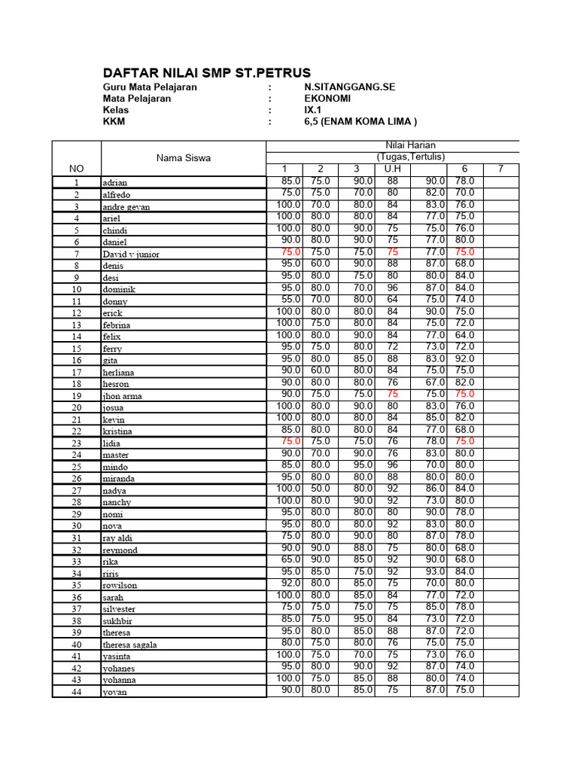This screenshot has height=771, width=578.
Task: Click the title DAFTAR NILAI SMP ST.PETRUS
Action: pyautogui.click(x=206, y=73)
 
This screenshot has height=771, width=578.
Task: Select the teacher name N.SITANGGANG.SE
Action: pyautogui.click(x=349, y=87)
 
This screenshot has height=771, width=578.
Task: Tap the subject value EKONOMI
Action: pyautogui.click(x=328, y=98)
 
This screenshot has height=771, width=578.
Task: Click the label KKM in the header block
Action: pyautogui.click(x=114, y=121)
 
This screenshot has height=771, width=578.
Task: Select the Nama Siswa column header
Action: pyautogui.click(x=184, y=157)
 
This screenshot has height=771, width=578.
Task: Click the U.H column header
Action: pyautogui.click(x=392, y=169)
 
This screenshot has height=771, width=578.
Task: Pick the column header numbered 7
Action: pyautogui.click(x=500, y=169)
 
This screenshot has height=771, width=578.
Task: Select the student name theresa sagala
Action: pyautogui.click(x=135, y=645)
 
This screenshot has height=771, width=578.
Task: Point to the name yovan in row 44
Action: pyautogui.click(x=114, y=692)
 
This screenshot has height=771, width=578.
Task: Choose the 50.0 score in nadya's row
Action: pyautogui.click(x=321, y=488)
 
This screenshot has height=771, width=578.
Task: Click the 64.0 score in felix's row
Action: pyautogui.click(x=464, y=334)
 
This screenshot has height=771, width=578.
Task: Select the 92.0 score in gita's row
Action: pyautogui.click(x=464, y=358)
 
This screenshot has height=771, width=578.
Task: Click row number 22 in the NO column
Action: pyautogui.click(x=76, y=431)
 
